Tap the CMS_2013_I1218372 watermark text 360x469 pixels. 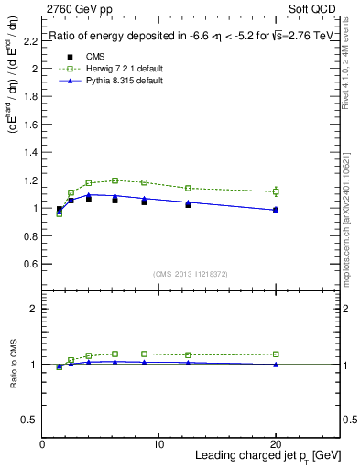point(191,274)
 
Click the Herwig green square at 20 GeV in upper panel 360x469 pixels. point(276,191)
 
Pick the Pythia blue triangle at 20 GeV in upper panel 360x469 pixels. point(276,210)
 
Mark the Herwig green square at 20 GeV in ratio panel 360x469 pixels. point(276,354)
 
